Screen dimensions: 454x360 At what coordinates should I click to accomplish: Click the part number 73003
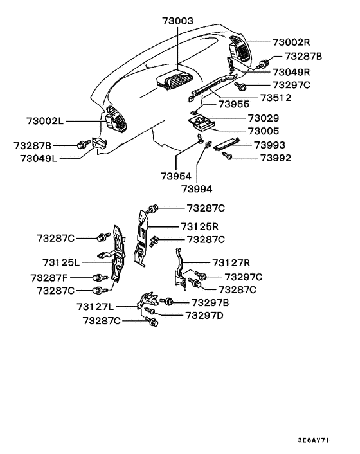pyautogui.click(x=178, y=22)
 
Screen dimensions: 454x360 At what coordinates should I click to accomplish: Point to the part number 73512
pyautogui.click(x=275, y=98)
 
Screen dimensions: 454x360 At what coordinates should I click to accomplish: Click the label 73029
pyautogui.click(x=264, y=118)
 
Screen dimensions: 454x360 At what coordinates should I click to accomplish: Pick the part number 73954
pyautogui.click(x=176, y=176)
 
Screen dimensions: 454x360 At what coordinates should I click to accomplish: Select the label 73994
pyautogui.click(x=197, y=189)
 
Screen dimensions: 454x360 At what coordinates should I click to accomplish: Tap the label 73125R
pyautogui.click(x=200, y=226)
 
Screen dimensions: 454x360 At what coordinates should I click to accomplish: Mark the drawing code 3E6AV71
pyautogui.click(x=314, y=441)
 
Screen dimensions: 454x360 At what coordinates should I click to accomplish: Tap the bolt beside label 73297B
pyautogui.click(x=168, y=302)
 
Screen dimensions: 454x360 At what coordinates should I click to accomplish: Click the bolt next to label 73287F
pyautogui.click(x=96, y=278)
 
